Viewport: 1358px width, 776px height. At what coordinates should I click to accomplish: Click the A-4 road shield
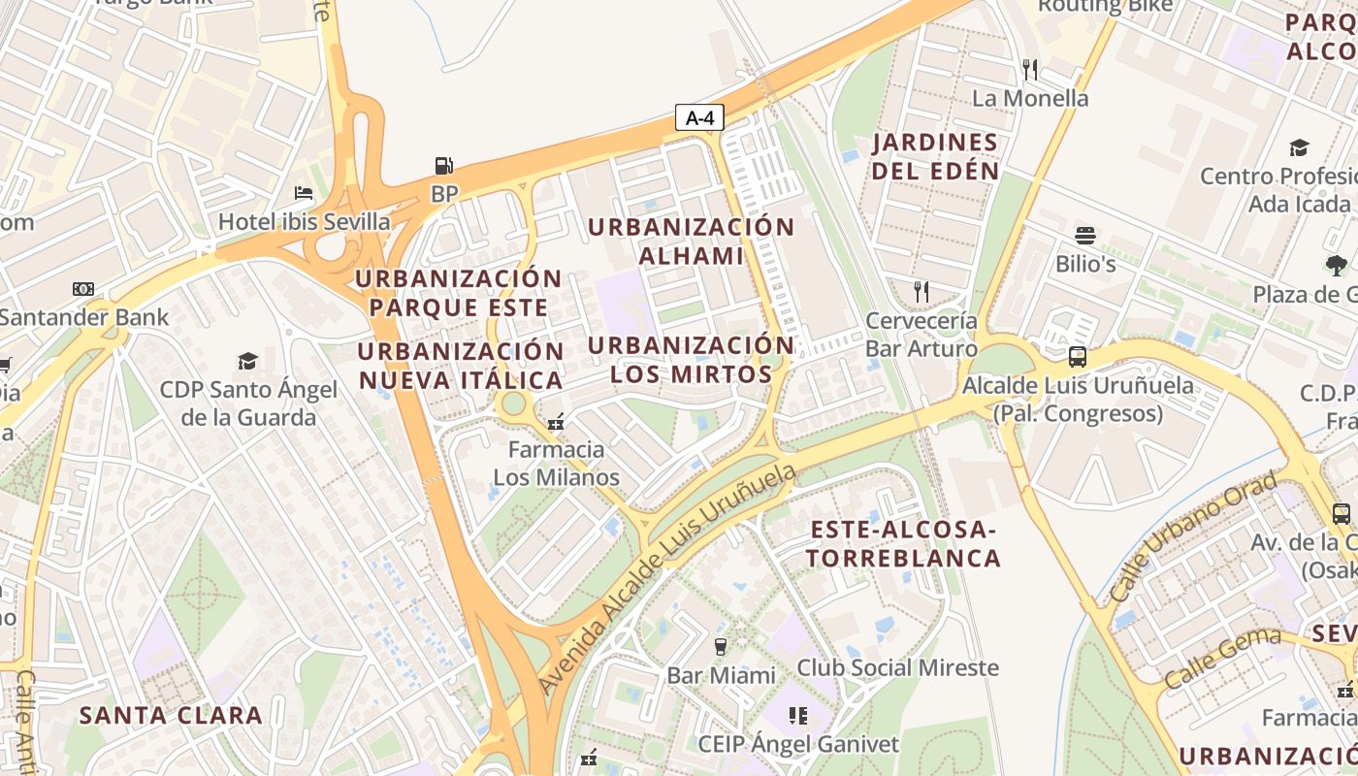pyautogui.click(x=699, y=118)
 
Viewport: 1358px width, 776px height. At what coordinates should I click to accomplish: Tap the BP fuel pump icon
pyautogui.click(x=443, y=166)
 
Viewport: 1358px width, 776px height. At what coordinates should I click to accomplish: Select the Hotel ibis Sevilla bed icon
pyautogui.click(x=304, y=193)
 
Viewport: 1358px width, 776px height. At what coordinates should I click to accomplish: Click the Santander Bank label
pyautogui.click(x=84, y=316)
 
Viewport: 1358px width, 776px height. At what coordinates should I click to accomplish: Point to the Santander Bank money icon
pyautogui.click(x=83, y=288)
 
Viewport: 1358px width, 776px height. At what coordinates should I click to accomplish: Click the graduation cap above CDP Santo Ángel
pyautogui.click(x=247, y=361)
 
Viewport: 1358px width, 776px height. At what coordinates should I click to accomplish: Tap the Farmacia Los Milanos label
pyautogui.click(x=556, y=464)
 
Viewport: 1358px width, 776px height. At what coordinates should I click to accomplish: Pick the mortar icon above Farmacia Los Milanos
pyautogui.click(x=556, y=422)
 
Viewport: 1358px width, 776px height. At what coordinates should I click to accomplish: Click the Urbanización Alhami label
pyautogui.click(x=691, y=242)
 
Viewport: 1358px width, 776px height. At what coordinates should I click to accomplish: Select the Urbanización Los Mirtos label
pyautogui.click(x=691, y=360)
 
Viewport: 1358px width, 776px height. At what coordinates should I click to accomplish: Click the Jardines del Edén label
pyautogui.click(x=935, y=156)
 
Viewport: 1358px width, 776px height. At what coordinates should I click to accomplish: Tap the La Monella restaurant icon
pyautogui.click(x=1030, y=69)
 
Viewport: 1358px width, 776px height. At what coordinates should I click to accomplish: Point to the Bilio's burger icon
pyautogui.click(x=1084, y=236)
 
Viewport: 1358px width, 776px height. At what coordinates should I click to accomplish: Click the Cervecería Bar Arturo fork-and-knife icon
pyautogui.click(x=921, y=291)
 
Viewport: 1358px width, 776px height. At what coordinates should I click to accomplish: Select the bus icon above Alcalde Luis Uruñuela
pyautogui.click(x=1077, y=356)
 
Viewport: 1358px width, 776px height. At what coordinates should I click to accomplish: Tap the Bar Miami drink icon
pyautogui.click(x=720, y=646)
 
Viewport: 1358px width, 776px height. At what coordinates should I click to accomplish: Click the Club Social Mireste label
pyautogui.click(x=897, y=667)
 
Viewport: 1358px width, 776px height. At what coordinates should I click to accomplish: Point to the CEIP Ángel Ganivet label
pyautogui.click(x=798, y=744)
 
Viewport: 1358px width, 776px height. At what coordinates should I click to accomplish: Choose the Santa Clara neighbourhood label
pyautogui.click(x=171, y=716)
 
